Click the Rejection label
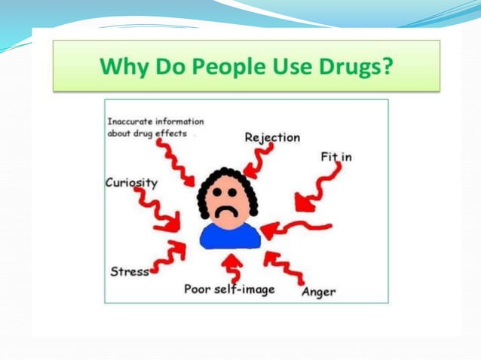pyautogui.click(x=272, y=137)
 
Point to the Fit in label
pyautogui.click(x=336, y=157)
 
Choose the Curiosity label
pyautogui.click(x=132, y=182)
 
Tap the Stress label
pyautogui.click(x=130, y=271)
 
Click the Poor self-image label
pyautogui.click(x=229, y=288)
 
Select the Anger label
pyautogui.click(x=318, y=291)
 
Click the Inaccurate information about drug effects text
pyautogui.click(x=155, y=127)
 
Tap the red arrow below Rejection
pyautogui.click(x=259, y=159)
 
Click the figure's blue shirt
pyautogui.click(x=230, y=235)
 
